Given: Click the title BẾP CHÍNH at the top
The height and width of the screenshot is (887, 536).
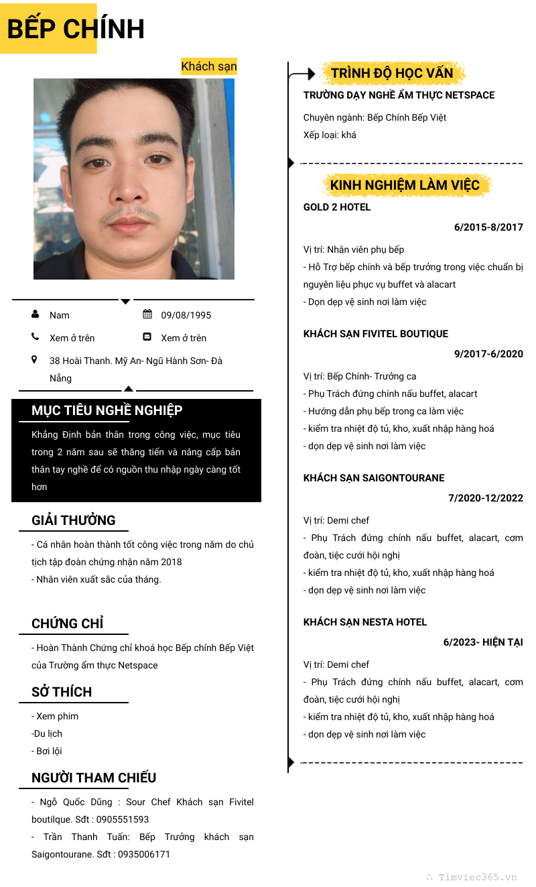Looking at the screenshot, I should tap(76, 29).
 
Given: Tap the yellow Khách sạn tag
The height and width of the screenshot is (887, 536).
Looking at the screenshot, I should tap(208, 66).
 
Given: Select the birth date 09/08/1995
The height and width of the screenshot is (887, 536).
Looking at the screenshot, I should tap(186, 315).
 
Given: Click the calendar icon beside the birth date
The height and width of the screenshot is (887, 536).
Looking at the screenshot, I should tap(147, 314).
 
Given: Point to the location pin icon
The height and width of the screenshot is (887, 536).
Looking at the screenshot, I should tap(35, 360).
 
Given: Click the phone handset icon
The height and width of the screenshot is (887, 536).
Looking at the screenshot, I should tap(35, 337).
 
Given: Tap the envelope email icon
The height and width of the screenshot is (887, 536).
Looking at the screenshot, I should tap(147, 337).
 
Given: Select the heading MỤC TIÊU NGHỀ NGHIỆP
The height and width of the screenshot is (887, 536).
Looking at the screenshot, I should tap(107, 410).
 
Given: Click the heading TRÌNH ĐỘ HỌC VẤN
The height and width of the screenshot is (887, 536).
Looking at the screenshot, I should tap(391, 73).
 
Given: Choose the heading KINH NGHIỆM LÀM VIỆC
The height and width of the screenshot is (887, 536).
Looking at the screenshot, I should tap(405, 185).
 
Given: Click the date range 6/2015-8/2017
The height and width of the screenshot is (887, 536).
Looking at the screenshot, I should tap(488, 227).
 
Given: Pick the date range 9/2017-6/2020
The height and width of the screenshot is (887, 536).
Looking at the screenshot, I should tap(488, 354).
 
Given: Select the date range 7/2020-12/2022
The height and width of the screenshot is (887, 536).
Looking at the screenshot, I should tap(485, 498).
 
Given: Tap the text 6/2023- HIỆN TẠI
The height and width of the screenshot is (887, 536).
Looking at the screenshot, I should tap(482, 642).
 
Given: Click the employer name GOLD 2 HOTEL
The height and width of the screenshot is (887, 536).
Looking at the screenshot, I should tap(336, 207).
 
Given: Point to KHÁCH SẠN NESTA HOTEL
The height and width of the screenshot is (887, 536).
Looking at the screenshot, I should tap(364, 622).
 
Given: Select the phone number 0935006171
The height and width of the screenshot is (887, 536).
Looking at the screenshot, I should tap(144, 854).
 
